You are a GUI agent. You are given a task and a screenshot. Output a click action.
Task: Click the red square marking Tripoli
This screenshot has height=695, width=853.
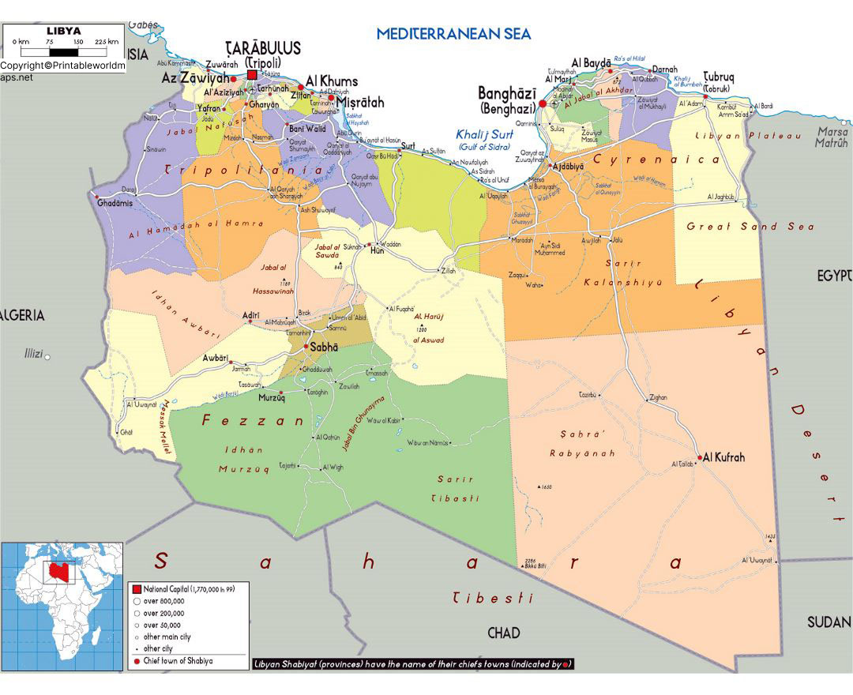252,75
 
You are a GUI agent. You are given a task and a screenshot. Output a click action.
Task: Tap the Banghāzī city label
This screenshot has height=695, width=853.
506,94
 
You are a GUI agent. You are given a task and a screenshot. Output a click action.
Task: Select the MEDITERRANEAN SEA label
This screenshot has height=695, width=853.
453,33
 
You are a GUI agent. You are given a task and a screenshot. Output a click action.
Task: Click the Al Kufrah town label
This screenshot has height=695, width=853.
723,457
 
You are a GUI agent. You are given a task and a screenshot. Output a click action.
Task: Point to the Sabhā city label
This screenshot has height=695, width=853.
325,347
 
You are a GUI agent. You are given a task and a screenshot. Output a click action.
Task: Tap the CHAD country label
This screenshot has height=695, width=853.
503,633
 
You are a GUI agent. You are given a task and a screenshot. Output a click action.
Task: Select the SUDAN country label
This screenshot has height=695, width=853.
829,622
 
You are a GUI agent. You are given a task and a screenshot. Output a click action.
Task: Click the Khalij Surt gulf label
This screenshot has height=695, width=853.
484,135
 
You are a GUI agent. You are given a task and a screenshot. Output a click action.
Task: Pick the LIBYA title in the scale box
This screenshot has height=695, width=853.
63,31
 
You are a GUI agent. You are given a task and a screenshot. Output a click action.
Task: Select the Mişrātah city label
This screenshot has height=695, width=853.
360,102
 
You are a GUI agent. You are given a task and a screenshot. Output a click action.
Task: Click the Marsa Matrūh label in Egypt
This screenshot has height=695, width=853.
832,137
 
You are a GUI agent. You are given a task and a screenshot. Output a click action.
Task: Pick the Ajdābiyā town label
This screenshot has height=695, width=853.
568,167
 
